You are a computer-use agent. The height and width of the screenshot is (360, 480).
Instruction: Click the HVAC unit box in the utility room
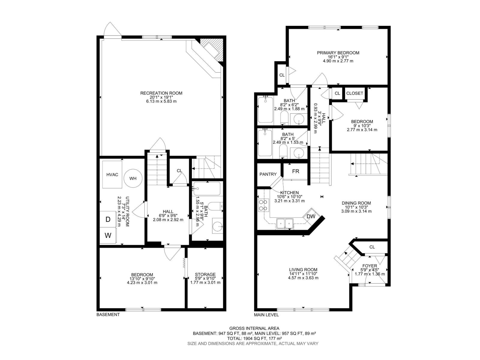[112, 175]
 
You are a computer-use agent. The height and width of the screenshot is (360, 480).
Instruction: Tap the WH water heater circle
[133, 178]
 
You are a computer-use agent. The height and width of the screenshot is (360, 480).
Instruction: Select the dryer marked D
[108, 219]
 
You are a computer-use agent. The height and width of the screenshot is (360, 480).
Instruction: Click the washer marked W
[108, 235]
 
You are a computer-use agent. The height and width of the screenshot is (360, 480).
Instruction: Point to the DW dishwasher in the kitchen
[311, 216]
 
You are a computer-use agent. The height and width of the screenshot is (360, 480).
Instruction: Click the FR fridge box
[295, 171]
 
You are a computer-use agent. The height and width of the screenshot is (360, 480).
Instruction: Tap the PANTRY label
[268, 174]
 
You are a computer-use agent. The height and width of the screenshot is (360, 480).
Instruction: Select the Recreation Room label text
[161, 93]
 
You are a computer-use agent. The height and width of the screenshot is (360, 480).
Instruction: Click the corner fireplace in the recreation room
[212, 48]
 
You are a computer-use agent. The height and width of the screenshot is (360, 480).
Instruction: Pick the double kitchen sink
[285, 223]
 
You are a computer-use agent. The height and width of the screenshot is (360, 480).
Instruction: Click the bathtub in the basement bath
[207, 188]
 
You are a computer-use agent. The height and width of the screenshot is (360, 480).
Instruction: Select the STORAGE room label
[205, 274]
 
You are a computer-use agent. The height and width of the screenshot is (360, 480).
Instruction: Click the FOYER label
[370, 266]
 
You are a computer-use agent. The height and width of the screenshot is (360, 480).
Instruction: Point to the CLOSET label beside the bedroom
[355, 93]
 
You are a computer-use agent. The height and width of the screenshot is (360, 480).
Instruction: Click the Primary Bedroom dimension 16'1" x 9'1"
[338, 57]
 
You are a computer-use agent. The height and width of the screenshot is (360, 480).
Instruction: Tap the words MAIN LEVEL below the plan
[266, 315]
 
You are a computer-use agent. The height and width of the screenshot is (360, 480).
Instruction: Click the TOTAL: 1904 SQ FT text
[254, 338]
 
